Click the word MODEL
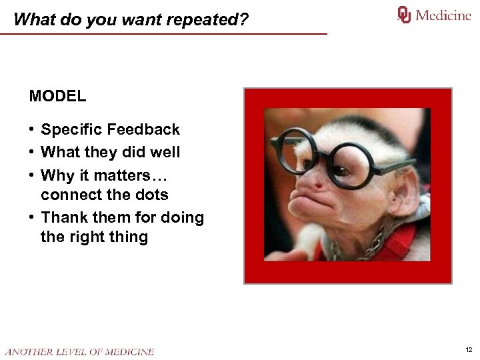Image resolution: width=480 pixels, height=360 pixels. point(57,96)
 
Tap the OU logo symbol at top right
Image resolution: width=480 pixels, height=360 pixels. point(404,15)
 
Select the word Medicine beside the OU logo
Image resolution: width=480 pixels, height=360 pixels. point(443,15)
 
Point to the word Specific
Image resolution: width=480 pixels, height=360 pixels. point(71,129)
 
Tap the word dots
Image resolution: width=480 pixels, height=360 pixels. point(150,195)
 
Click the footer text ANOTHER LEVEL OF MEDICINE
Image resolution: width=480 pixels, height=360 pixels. point(79,351)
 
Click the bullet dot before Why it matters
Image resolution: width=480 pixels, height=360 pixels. point(32,175)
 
